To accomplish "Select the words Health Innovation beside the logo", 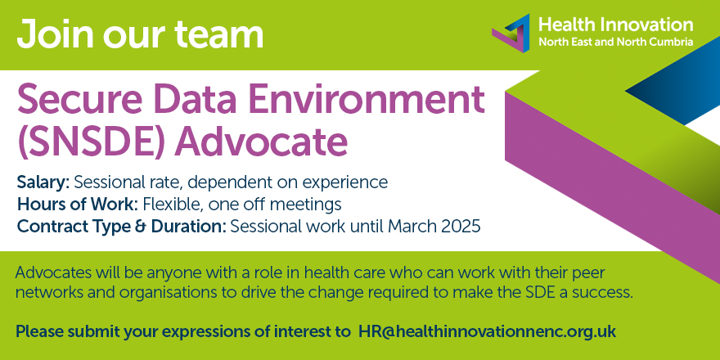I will click(x=615, y=25).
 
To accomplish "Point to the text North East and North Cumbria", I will click(x=615, y=42).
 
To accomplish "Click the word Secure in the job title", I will click(x=79, y=102).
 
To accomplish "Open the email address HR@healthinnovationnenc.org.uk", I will click(x=487, y=332).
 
